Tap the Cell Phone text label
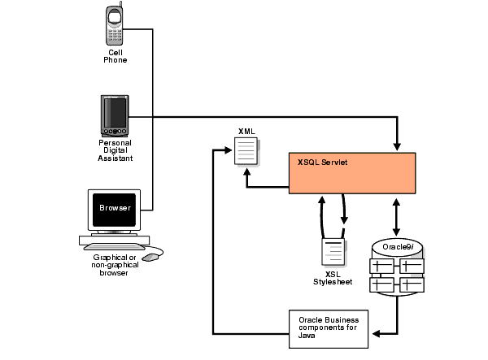115,56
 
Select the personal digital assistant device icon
114,115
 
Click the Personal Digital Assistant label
115,151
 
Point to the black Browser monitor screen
114,208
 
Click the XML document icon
246,151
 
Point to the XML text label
246,131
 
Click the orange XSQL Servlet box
351,171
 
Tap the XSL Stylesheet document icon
332,254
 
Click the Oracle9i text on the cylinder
398,245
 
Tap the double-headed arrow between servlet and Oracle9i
397,214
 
